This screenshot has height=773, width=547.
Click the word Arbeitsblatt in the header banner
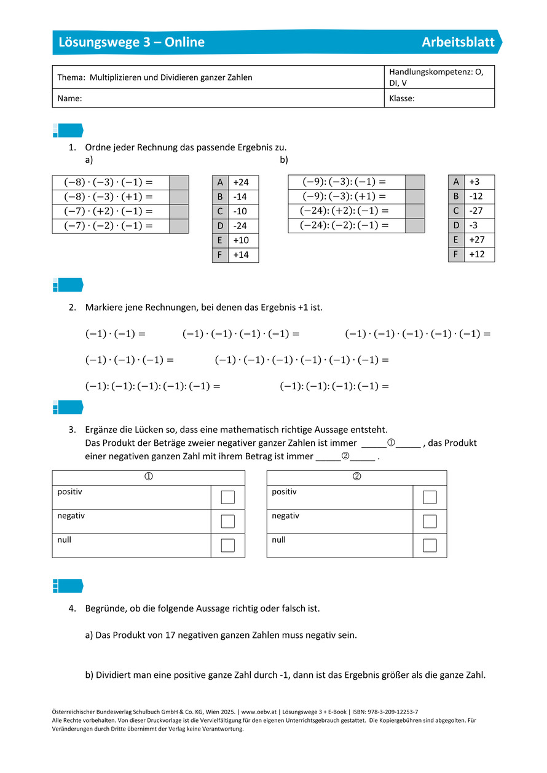pyautogui.click(x=458, y=42)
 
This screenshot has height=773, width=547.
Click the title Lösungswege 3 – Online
pyautogui.click(x=132, y=42)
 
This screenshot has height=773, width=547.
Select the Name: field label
pyautogui.click(x=69, y=98)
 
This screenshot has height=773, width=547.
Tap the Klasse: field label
pyautogui.click(x=402, y=98)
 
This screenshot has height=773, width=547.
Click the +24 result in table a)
pyautogui.click(x=241, y=182)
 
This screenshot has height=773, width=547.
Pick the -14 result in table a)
pyautogui.click(x=240, y=197)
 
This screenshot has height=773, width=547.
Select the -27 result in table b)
pyautogui.click(x=476, y=211)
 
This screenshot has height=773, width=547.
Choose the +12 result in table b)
pyautogui.click(x=476, y=254)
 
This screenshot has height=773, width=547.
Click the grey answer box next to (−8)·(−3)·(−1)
pyautogui.click(x=178, y=182)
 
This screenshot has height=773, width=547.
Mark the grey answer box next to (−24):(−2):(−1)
pyautogui.click(x=415, y=225)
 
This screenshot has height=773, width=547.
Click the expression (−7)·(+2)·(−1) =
pyautogui.click(x=108, y=211)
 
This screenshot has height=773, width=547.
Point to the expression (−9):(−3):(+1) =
pyautogui.click(x=344, y=196)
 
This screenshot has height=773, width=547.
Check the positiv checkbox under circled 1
pyautogui.click(x=228, y=497)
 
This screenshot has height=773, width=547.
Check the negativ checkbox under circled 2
pyautogui.click(x=430, y=521)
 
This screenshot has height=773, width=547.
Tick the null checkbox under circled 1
pyautogui.click(x=228, y=545)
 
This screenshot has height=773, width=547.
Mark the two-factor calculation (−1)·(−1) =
pyautogui.click(x=116, y=335)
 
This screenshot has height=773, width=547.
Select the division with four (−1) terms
pyautogui.click(x=334, y=386)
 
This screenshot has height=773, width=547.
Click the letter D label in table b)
pyautogui.click(x=456, y=225)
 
